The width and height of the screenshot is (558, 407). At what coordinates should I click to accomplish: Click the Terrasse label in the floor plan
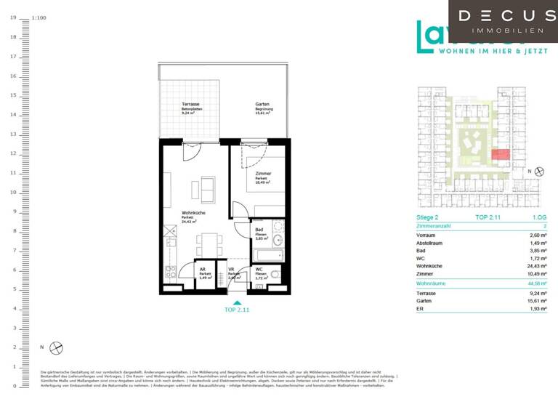tap(190, 105)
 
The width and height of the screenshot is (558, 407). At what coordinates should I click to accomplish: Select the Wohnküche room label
tap(192, 214)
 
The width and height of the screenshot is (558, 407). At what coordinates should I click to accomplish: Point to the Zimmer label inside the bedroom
tap(263, 174)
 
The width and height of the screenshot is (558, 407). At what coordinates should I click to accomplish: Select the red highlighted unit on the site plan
tap(500, 154)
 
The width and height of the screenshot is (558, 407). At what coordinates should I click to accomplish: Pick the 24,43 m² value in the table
tap(536, 266)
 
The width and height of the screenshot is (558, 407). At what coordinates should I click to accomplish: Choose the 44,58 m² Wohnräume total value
tap(536, 283)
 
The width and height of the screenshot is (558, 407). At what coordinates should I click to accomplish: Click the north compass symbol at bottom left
tap(57, 347)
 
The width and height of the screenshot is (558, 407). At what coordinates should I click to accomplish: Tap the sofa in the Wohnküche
tap(203, 190)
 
